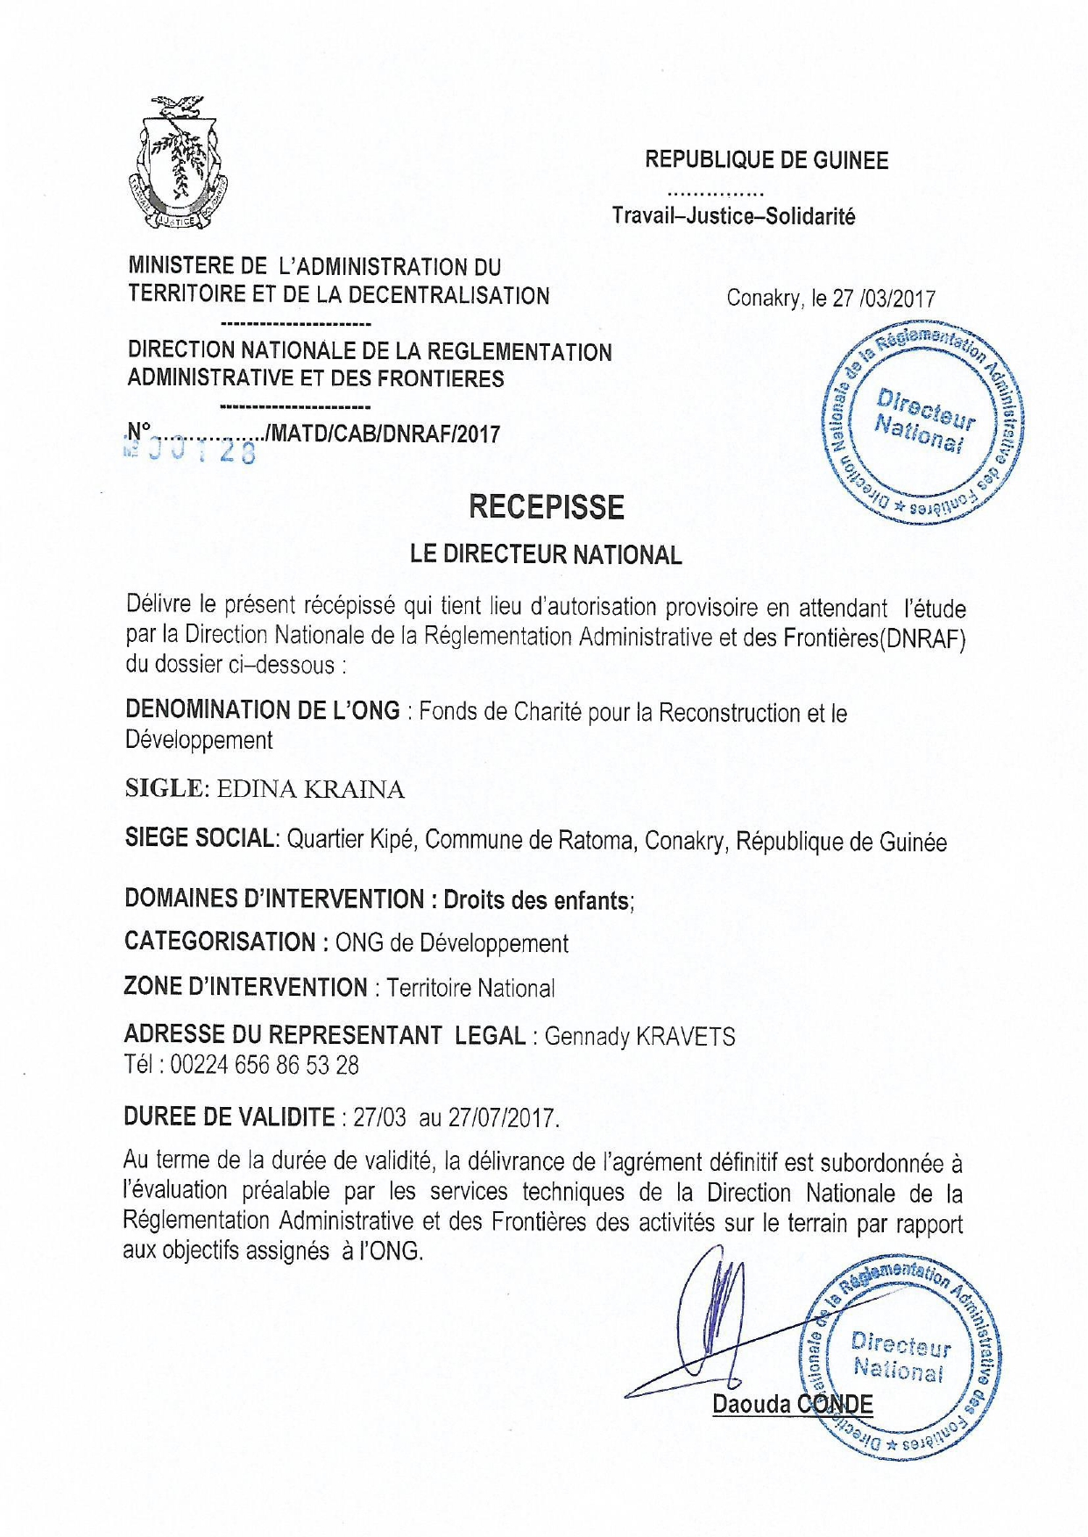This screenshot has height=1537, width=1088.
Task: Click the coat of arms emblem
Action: [x=178, y=163]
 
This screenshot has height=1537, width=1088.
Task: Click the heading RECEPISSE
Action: [x=546, y=507]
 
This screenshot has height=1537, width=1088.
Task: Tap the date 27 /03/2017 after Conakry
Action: [x=883, y=299]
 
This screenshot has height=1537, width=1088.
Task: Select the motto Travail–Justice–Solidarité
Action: [x=733, y=215]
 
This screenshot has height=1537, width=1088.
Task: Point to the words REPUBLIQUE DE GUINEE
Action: [x=767, y=160]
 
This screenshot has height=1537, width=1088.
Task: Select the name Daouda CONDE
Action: [x=792, y=1404]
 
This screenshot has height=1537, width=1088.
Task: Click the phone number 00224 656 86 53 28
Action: [x=264, y=1065]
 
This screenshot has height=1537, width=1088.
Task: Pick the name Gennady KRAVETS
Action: [x=639, y=1036]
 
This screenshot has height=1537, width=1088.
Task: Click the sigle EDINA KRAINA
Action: [x=310, y=789]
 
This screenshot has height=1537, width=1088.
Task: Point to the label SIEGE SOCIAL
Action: [x=201, y=838]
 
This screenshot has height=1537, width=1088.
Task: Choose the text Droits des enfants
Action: [x=537, y=899]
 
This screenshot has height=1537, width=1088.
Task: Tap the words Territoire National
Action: [x=470, y=988]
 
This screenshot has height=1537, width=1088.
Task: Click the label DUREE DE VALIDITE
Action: [x=230, y=1117]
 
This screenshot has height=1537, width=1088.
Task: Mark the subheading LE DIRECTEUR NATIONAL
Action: [x=546, y=554]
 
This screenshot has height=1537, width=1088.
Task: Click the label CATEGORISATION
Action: [x=220, y=941]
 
